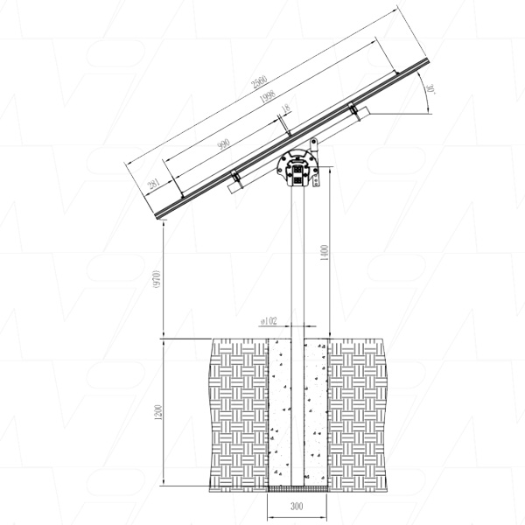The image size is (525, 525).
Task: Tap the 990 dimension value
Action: click(223, 144)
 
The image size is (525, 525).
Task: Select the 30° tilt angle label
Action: click(430, 90)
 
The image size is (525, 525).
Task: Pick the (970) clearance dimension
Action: click(157, 279)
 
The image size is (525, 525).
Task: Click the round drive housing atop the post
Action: click(297, 169)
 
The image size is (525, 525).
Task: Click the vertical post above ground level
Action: click(297, 262)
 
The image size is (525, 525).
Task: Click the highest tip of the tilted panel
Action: click(427, 59)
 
